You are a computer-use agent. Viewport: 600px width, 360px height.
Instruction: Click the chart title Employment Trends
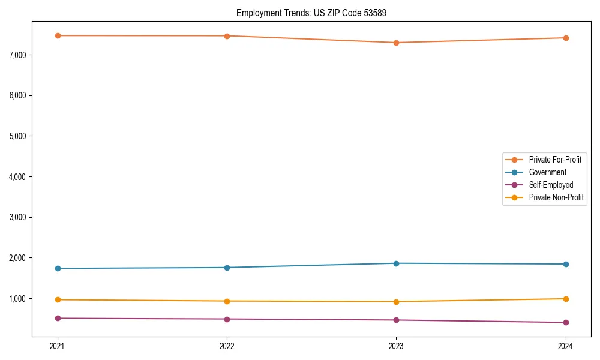click(311, 13)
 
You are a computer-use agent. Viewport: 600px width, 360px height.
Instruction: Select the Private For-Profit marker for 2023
click(396, 43)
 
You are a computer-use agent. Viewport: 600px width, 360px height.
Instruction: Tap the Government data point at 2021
click(58, 268)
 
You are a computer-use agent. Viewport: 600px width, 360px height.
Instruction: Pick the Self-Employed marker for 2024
click(566, 322)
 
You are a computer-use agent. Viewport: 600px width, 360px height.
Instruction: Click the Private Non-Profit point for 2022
click(227, 301)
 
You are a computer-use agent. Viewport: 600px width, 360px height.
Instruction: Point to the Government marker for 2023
click(396, 263)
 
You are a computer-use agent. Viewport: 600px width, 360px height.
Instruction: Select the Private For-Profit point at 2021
click(58, 35)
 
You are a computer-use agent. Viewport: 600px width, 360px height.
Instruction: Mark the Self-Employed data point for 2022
click(227, 319)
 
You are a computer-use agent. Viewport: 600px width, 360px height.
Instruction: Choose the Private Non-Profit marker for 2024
click(566, 299)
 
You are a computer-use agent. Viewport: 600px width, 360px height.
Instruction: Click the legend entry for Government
click(547, 172)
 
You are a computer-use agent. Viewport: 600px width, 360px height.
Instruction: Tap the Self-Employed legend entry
click(551, 185)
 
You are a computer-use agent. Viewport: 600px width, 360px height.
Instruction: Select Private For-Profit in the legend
click(554, 160)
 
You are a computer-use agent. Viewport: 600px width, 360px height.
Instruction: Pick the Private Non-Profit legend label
click(556, 197)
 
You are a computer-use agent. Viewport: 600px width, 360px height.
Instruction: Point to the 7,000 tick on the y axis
click(17, 55)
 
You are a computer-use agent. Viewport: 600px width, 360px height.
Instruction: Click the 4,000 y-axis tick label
click(17, 177)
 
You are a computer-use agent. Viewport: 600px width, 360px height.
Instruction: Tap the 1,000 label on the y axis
click(17, 299)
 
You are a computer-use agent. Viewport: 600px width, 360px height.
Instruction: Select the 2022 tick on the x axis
click(227, 346)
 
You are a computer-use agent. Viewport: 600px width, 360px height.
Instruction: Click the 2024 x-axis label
click(566, 346)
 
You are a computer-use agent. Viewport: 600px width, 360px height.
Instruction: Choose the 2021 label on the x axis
click(58, 346)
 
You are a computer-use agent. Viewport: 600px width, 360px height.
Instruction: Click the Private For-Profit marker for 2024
click(566, 38)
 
